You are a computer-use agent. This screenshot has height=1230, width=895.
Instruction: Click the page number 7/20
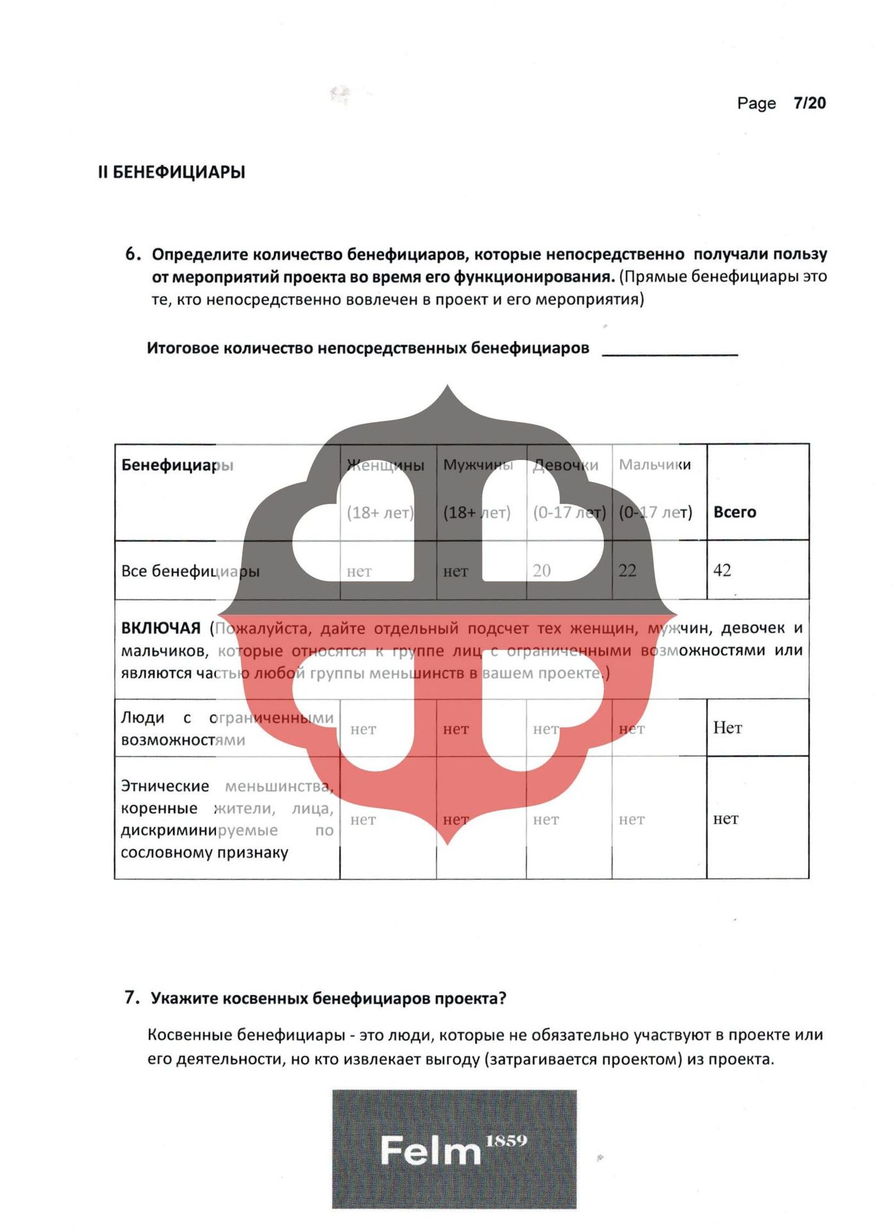(x=809, y=103)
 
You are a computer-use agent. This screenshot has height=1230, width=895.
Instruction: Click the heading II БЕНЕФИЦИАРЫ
(x=172, y=172)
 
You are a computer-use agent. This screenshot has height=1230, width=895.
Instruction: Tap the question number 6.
(x=132, y=254)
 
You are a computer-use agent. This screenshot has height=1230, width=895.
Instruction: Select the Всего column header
(x=735, y=512)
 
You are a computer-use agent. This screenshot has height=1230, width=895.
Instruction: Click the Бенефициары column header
(x=177, y=465)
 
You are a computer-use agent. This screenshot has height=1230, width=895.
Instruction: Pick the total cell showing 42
(x=722, y=570)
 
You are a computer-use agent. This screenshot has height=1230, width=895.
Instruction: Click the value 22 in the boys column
(x=627, y=571)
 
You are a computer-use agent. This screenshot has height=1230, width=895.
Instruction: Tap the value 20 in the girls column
(x=542, y=571)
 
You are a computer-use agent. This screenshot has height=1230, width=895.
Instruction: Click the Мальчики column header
(x=655, y=465)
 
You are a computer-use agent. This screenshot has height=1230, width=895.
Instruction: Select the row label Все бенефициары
(x=190, y=571)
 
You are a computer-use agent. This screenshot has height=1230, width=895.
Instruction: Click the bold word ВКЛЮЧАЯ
(x=161, y=628)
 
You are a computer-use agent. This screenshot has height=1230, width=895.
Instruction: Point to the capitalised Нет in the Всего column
(x=727, y=728)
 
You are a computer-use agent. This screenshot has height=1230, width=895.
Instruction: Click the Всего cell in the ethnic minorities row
(x=726, y=819)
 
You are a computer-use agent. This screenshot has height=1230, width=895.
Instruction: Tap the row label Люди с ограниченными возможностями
(x=227, y=729)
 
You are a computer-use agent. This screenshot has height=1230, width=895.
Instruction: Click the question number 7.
(x=131, y=997)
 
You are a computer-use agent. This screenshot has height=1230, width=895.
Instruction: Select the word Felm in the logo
(x=430, y=1151)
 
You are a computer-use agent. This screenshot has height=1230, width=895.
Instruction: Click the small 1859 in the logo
(x=506, y=1141)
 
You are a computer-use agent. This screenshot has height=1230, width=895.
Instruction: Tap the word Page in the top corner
(x=756, y=104)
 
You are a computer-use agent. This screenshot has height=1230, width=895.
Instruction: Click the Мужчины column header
(x=478, y=465)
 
